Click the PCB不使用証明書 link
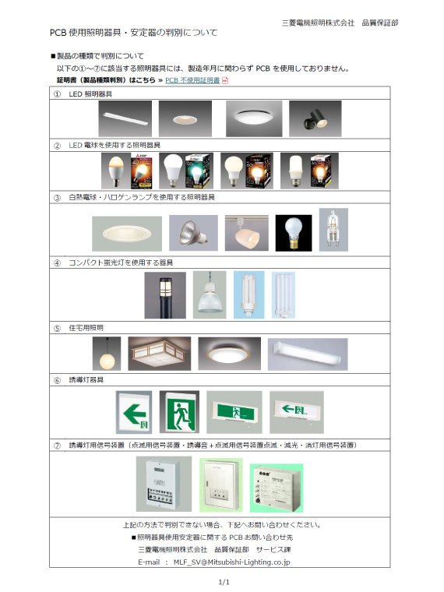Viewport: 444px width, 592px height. [192, 80]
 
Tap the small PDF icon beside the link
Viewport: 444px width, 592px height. [225, 80]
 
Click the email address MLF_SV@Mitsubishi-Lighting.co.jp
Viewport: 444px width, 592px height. [232, 562]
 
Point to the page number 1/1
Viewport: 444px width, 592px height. [224, 582]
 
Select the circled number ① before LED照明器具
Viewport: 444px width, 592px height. [57, 94]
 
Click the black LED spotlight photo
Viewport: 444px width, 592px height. [315, 118]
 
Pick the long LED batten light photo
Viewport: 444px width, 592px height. [125, 118]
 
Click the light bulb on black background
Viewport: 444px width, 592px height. [294, 233]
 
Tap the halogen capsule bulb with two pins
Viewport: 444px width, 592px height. [333, 230]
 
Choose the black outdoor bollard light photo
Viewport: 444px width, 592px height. [165, 295]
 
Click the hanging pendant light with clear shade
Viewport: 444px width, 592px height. [210, 295]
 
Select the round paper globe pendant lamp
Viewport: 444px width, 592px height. [107, 354]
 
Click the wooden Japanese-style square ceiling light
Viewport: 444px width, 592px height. [160, 354]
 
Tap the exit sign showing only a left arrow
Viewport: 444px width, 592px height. [134, 412]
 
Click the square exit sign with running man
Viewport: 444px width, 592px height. [179, 412]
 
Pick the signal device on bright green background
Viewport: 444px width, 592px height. [277, 488]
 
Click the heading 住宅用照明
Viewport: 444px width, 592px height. [86, 328]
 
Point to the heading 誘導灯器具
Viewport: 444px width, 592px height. [86, 380]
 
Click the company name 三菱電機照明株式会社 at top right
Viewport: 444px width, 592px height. [319, 23]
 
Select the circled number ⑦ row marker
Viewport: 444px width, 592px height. [57, 446]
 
